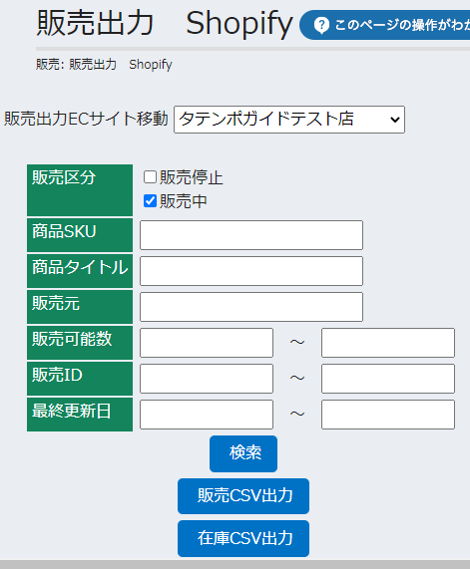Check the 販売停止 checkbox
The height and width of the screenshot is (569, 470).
(x=150, y=177)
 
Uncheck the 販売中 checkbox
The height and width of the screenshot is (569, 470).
(x=150, y=201)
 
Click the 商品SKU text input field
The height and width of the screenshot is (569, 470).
(x=251, y=235)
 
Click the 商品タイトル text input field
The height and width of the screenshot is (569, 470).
(x=251, y=271)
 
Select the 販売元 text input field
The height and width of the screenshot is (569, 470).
(x=251, y=307)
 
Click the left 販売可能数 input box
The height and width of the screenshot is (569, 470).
(x=207, y=343)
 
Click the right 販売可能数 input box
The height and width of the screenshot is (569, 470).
(x=388, y=343)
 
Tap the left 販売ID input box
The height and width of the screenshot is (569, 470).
(x=207, y=379)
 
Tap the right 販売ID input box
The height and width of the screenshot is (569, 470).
(x=388, y=379)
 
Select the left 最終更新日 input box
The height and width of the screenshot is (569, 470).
(x=207, y=415)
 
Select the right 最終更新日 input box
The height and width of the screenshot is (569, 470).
(x=388, y=415)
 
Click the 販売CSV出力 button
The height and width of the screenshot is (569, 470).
(x=243, y=496)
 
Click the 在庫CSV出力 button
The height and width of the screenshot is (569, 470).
(x=243, y=538)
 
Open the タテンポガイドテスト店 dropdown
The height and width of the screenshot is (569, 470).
(x=289, y=120)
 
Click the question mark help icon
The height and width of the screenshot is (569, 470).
(x=321, y=25)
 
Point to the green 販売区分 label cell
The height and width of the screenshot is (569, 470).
(x=80, y=190)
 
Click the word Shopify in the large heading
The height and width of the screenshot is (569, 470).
(x=239, y=24)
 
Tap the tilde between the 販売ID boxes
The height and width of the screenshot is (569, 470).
(x=297, y=378)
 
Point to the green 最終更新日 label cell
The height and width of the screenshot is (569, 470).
(x=80, y=415)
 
